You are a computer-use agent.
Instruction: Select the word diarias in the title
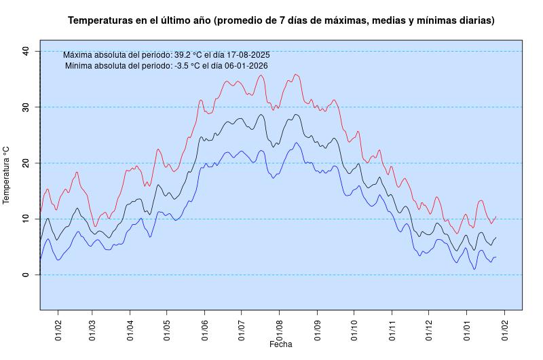pos(474,21)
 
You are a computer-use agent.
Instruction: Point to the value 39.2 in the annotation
pos(183,55)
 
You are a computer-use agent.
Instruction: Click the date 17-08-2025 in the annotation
pos(245,55)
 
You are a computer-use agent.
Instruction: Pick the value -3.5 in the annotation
pos(183,66)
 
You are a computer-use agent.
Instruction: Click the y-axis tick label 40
pos(25,51)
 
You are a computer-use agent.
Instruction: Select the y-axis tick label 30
pos(25,107)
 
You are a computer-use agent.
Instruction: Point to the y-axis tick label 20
pos(25,163)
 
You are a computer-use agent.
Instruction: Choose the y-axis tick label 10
pos(25,219)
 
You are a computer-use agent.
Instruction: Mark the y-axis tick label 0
pos(25,274)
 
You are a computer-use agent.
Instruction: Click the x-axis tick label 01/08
pos(280,329)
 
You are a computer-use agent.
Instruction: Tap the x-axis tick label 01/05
pos(167,329)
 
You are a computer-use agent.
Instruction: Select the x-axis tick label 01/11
pos(392,329)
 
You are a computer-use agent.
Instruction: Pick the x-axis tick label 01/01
pos(466,329)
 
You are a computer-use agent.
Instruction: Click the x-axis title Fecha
pos(280,344)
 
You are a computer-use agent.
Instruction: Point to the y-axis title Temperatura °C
pos(7,175)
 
